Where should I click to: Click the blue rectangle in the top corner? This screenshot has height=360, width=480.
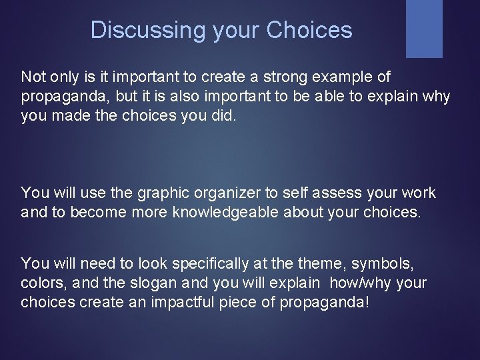coord(424,28)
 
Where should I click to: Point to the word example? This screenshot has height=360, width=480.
coord(344,77)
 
